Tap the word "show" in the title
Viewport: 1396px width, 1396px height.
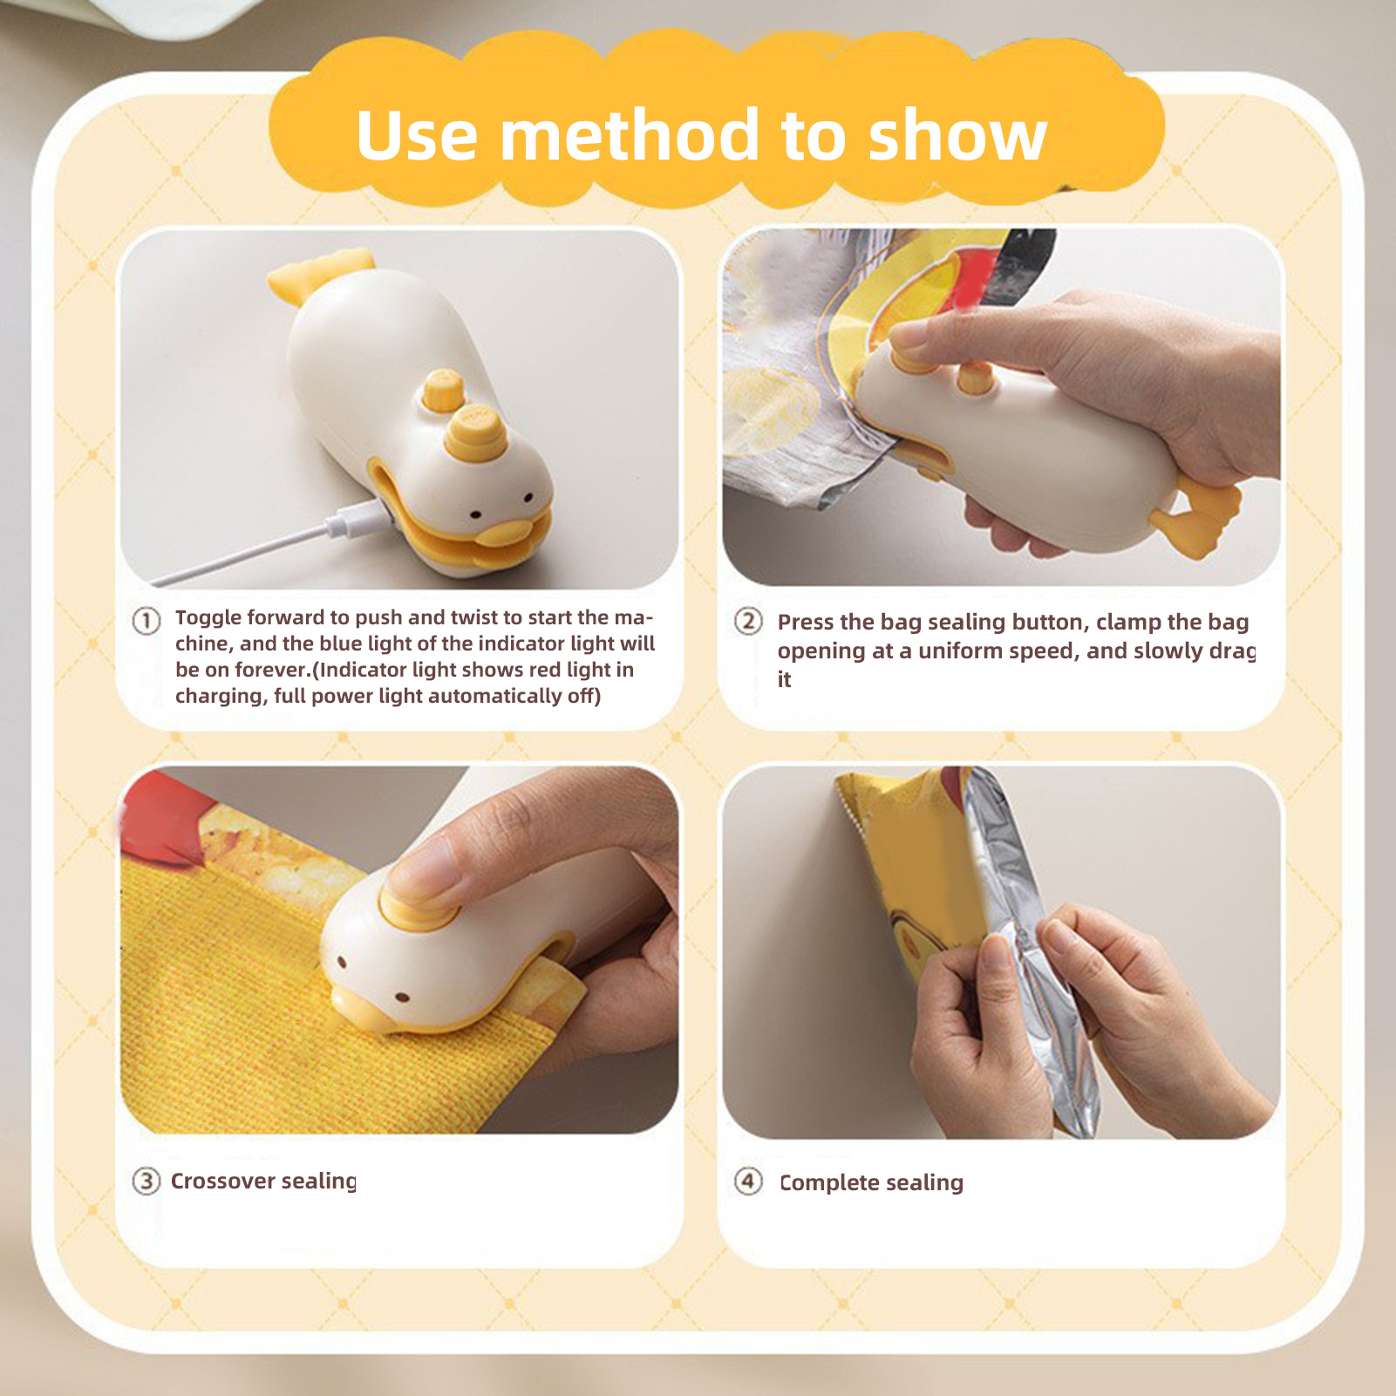pyautogui.click(x=958, y=136)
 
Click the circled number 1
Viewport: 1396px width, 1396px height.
pyautogui.click(x=146, y=621)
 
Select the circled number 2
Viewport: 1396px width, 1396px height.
pyautogui.click(x=748, y=622)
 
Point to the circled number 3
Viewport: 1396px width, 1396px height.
pyautogui.click(x=146, y=1181)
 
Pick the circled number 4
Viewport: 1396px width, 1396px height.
pyautogui.click(x=748, y=1181)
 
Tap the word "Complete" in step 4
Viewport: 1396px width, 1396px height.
pyautogui.click(x=829, y=1183)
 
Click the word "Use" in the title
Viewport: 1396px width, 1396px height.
pyautogui.click(x=417, y=136)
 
